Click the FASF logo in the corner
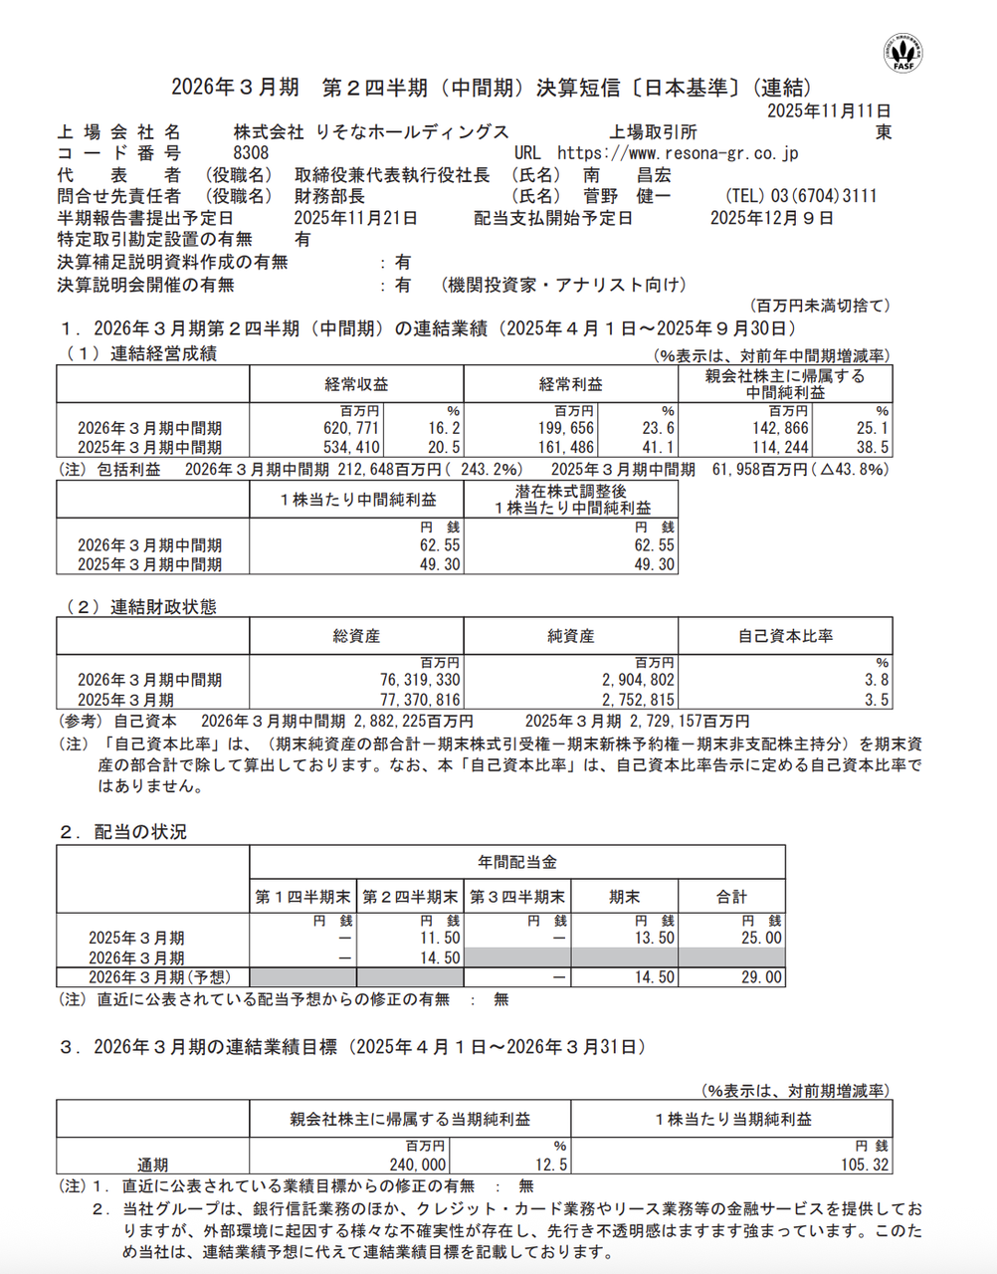903,52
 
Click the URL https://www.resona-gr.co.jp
678,153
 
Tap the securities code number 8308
251,153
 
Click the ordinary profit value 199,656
566,428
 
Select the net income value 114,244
781,448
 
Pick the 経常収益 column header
356,384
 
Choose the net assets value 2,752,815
638,700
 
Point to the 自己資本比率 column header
785,636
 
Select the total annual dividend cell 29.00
761,977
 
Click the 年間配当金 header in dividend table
516,862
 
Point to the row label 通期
152,1165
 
